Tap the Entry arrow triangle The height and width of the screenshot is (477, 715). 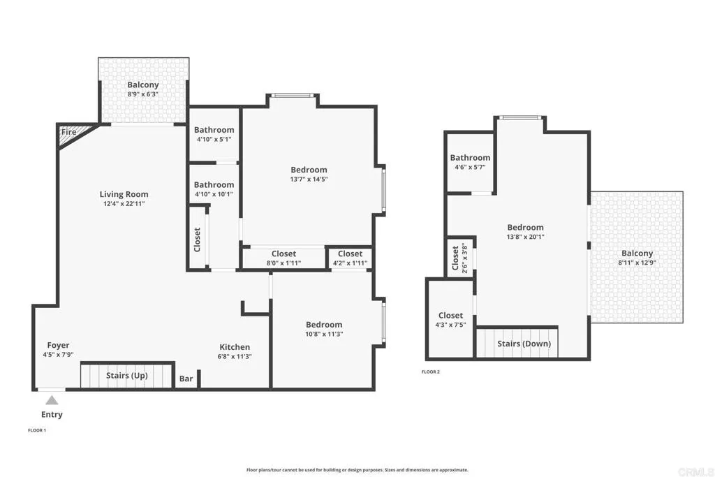pos(52,400)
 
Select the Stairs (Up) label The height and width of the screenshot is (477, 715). pos(126,376)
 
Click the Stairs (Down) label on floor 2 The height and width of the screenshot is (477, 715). pos(524,344)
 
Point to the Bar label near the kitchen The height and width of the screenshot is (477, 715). pos(186,379)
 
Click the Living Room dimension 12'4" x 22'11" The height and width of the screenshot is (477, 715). pos(124,204)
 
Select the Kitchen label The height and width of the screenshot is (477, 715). pos(235,347)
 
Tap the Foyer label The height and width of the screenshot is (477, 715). pos(58,345)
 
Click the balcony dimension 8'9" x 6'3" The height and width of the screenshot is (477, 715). pos(142,94)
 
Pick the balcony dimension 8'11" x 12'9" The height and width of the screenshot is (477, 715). pos(635,263)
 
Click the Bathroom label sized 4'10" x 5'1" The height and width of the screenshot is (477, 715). pos(214,130)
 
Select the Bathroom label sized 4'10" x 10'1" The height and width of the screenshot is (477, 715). pos(214,185)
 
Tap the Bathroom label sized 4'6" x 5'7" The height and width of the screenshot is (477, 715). pos(470,158)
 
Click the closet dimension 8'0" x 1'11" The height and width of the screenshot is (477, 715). pos(283,263)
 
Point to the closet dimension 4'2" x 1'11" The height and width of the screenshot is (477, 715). pos(350,263)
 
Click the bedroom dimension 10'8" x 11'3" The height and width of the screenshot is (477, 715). pos(324,334)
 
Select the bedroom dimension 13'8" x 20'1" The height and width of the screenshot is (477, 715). pos(525,237)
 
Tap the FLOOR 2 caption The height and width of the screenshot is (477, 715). pos(431,372)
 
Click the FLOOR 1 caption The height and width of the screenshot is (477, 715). pos(37,430)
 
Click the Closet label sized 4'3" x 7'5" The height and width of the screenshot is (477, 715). pos(450,316)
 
